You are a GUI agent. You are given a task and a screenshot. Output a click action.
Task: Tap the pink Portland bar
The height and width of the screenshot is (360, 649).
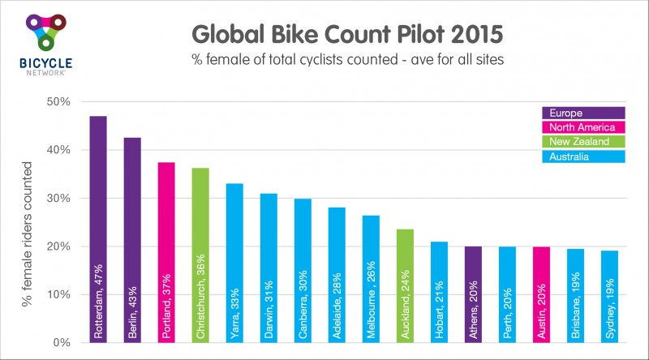[x=166, y=252]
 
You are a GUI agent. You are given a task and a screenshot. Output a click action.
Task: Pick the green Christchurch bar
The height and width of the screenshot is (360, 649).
[x=200, y=255]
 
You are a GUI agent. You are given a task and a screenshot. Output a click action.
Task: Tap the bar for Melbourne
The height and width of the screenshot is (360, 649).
[x=371, y=279]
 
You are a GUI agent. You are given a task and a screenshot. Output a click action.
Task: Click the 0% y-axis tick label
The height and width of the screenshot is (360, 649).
[x=64, y=343]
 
